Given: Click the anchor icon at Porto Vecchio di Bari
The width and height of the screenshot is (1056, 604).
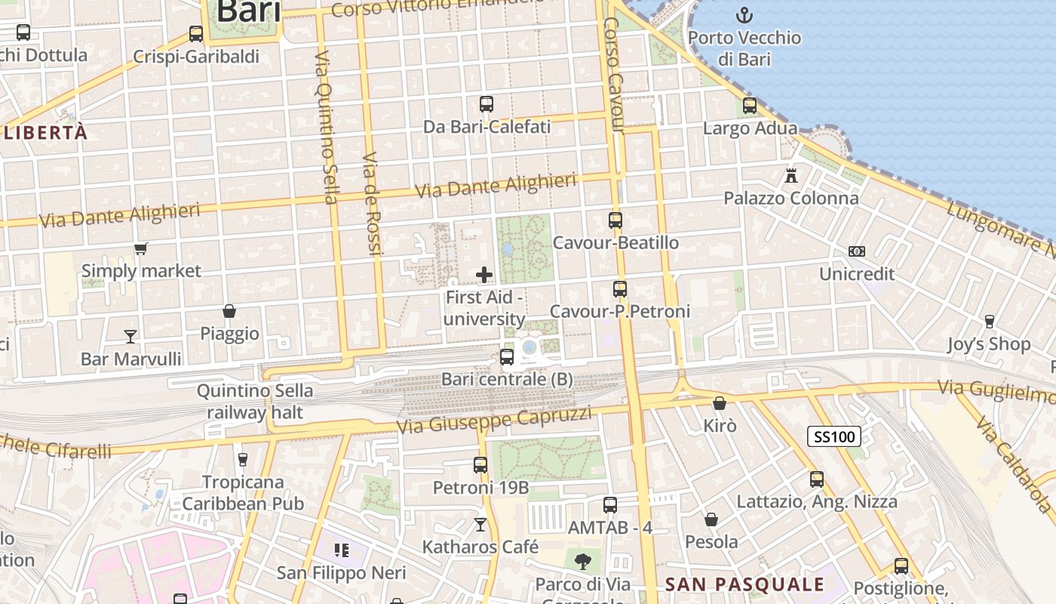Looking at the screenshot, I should click(x=744, y=14).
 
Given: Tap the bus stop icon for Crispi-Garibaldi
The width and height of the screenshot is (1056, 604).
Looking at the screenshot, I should click(x=196, y=34).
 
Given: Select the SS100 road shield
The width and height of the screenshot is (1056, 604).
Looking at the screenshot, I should click(x=833, y=436).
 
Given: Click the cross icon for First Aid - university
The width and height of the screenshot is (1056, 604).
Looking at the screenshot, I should click(x=484, y=275).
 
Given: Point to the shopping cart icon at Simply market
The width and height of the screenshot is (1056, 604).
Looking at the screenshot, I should click(x=140, y=248).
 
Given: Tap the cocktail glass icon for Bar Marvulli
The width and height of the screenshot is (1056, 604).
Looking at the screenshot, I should click(x=130, y=336).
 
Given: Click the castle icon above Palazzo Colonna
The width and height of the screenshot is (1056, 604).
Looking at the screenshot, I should click(x=790, y=176).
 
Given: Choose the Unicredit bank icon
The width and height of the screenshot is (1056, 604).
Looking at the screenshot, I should click(x=856, y=251).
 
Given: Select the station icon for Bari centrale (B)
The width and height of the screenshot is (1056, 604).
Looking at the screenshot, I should click(x=507, y=356).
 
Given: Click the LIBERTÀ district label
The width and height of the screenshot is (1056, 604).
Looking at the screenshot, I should click(x=45, y=133).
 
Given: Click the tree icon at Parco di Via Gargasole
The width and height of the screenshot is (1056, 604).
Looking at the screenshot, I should click(x=582, y=561).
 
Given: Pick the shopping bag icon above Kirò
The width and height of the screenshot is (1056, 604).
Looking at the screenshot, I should click(x=720, y=403).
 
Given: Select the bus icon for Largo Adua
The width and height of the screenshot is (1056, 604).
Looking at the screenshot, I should click(x=749, y=106).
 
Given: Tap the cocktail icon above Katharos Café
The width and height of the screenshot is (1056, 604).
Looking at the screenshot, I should click(x=480, y=524).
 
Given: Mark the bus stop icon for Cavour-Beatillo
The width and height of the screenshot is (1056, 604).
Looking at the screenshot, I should click(x=615, y=220).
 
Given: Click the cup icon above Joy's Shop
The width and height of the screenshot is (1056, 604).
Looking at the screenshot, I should click(x=990, y=322).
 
